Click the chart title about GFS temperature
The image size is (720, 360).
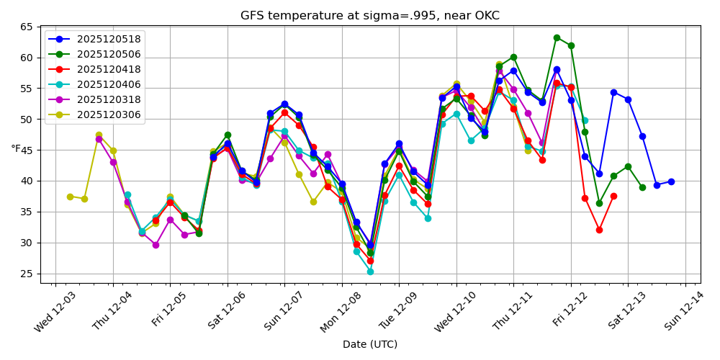pos(369,16)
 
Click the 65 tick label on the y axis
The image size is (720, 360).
pos(27,27)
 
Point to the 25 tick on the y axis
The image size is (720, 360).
pos(27,274)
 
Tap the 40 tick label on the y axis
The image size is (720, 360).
pos(27,181)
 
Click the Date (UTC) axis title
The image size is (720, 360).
pos(369,345)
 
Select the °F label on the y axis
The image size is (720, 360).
pos(17,149)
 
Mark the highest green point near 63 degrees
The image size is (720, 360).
pos(557,37)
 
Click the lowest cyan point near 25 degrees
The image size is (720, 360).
pos(370,271)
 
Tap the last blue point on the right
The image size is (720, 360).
pos(671,181)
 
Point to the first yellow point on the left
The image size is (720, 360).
pos(70,197)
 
